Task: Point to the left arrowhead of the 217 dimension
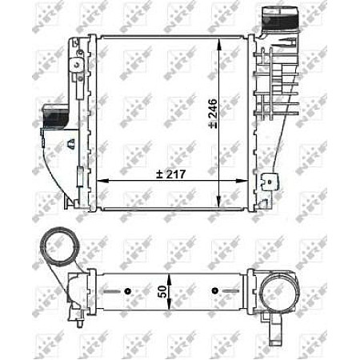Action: pos(100,180)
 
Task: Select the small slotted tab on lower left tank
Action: pos(77,178)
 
